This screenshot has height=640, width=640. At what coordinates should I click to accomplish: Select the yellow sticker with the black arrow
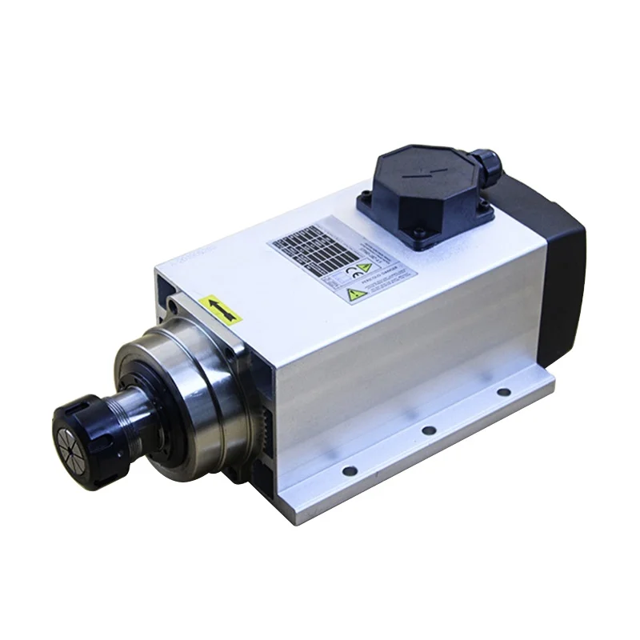point(221,309)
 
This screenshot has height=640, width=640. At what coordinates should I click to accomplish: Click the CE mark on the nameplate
point(351,272)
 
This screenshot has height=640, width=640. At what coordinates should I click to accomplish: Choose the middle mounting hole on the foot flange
point(429,430)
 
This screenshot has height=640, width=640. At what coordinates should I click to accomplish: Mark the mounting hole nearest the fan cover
point(503,392)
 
